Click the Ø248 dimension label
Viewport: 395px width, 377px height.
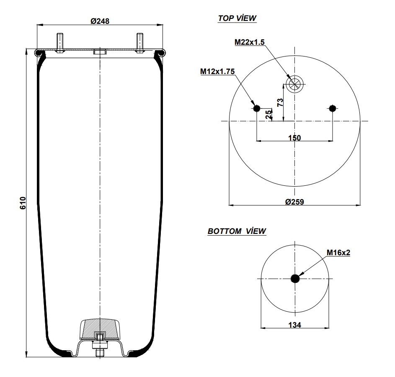click(x=100, y=21)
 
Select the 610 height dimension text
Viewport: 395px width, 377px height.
click(x=23, y=203)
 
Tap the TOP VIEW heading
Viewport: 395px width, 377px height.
click(x=237, y=18)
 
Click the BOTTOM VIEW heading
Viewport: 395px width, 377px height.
click(x=237, y=231)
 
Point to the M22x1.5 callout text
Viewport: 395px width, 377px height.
click(x=249, y=42)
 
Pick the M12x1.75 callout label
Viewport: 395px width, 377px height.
click(x=217, y=72)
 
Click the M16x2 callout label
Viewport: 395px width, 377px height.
click(x=338, y=252)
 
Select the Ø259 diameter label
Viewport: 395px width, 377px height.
click(x=294, y=202)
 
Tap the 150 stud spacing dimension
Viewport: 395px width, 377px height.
click(x=294, y=138)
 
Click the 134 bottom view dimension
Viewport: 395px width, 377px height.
click(x=294, y=325)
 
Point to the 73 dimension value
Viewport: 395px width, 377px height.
click(x=280, y=102)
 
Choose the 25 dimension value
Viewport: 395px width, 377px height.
click(x=269, y=114)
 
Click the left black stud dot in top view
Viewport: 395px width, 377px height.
click(x=256, y=108)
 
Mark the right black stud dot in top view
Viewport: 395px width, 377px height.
click(x=333, y=108)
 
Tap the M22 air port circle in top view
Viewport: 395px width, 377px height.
click(x=294, y=84)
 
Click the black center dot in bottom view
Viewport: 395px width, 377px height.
click(x=295, y=279)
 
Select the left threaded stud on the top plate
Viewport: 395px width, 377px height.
click(x=60, y=43)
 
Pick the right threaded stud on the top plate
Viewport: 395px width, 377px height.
click(x=140, y=43)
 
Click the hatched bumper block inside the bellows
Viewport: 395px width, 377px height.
click(x=100, y=329)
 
